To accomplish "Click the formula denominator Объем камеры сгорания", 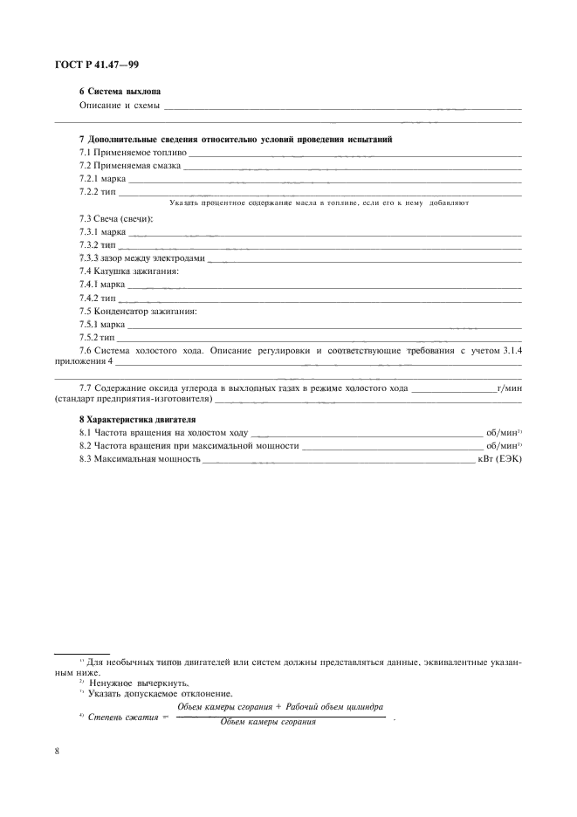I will click(x=267, y=723).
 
